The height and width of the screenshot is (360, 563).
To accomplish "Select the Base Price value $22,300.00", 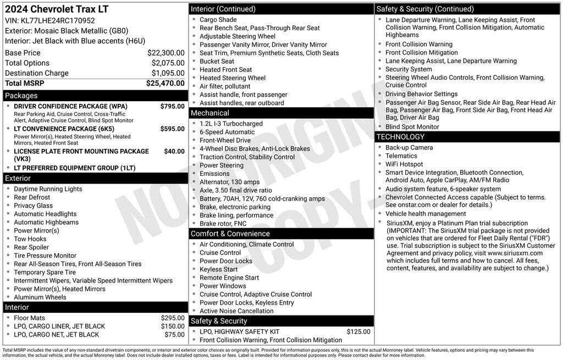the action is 165,53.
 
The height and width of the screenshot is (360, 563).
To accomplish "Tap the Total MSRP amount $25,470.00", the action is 165,83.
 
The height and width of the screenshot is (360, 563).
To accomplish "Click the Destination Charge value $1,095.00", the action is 168,73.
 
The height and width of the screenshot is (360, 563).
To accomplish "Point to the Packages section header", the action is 21,96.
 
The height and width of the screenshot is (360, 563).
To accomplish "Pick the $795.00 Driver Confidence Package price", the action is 172,106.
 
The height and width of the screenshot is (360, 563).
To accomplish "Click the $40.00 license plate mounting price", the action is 174,151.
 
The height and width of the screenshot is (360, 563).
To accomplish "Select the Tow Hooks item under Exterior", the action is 30,239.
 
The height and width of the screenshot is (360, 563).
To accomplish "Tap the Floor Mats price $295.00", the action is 173,318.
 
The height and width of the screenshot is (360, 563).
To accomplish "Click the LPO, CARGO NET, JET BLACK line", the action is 57,334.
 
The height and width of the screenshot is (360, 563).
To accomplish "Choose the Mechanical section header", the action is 210,113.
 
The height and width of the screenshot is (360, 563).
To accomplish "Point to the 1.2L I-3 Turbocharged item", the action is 231,124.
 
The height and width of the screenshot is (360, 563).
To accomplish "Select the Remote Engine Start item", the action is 229,278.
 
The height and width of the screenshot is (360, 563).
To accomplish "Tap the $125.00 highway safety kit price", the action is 358,331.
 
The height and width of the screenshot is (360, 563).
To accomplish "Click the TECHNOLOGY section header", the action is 400,137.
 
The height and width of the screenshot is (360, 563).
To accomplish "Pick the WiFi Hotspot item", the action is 404,164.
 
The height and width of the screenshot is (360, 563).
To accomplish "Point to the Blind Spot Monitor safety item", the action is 412,126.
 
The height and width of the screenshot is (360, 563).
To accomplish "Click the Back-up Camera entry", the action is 409,147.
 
